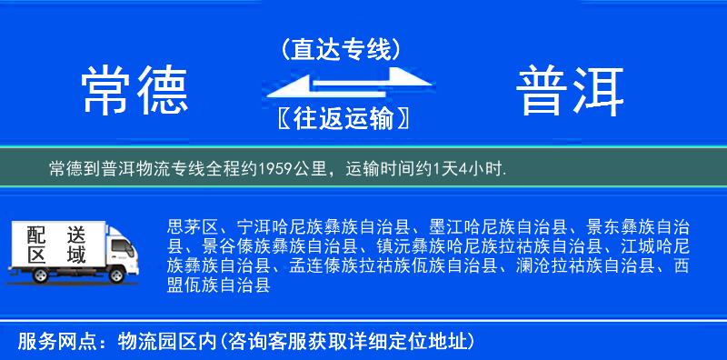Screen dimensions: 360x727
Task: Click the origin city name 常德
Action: click(x=134, y=90)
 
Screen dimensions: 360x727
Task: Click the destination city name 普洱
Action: click(x=571, y=90)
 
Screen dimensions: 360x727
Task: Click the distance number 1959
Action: click(x=282, y=168)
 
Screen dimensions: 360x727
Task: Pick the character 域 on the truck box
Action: click(x=75, y=255)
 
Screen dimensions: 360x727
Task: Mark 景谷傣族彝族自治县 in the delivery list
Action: click(x=274, y=246)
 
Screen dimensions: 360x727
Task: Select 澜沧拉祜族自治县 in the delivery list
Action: click(x=584, y=266)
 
